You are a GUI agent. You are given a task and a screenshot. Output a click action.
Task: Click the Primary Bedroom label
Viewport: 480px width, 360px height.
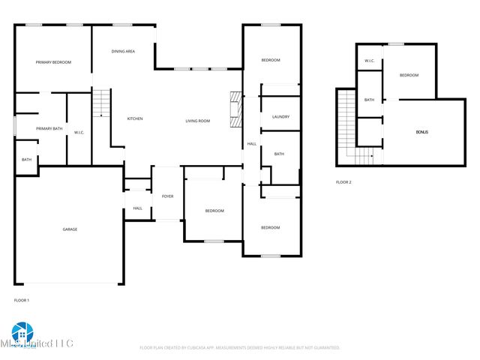[53, 62]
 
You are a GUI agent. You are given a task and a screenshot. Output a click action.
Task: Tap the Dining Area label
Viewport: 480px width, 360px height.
[123, 52]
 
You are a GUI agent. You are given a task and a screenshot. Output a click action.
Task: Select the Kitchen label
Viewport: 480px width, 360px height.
[135, 118]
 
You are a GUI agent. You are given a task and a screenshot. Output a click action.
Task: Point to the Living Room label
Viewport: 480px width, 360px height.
[198, 121]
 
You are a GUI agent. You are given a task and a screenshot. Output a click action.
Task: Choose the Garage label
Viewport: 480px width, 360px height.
[70, 229]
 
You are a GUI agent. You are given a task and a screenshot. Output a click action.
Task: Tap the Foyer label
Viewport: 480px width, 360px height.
[168, 196]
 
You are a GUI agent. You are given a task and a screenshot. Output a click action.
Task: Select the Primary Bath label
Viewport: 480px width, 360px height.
[41, 129]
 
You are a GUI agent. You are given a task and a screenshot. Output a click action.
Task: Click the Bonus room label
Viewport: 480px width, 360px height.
[423, 132]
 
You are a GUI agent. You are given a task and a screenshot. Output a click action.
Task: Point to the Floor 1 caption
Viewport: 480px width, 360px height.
[22, 300]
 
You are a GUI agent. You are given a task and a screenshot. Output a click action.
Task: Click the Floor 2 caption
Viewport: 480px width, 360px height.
[343, 182]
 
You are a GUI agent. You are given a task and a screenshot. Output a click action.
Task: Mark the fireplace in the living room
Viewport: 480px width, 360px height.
[235, 110]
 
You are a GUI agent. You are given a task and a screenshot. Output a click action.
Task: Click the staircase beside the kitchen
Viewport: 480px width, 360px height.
[101, 103]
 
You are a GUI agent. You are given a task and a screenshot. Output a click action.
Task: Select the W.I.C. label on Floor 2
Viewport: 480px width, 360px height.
[370, 60]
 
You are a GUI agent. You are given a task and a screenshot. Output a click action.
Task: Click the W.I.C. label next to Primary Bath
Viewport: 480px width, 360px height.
[79, 133]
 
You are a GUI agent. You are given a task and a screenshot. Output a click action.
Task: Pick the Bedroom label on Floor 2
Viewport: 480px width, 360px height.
[408, 75]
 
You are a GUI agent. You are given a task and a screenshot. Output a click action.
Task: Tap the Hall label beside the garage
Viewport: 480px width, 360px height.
[137, 208]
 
